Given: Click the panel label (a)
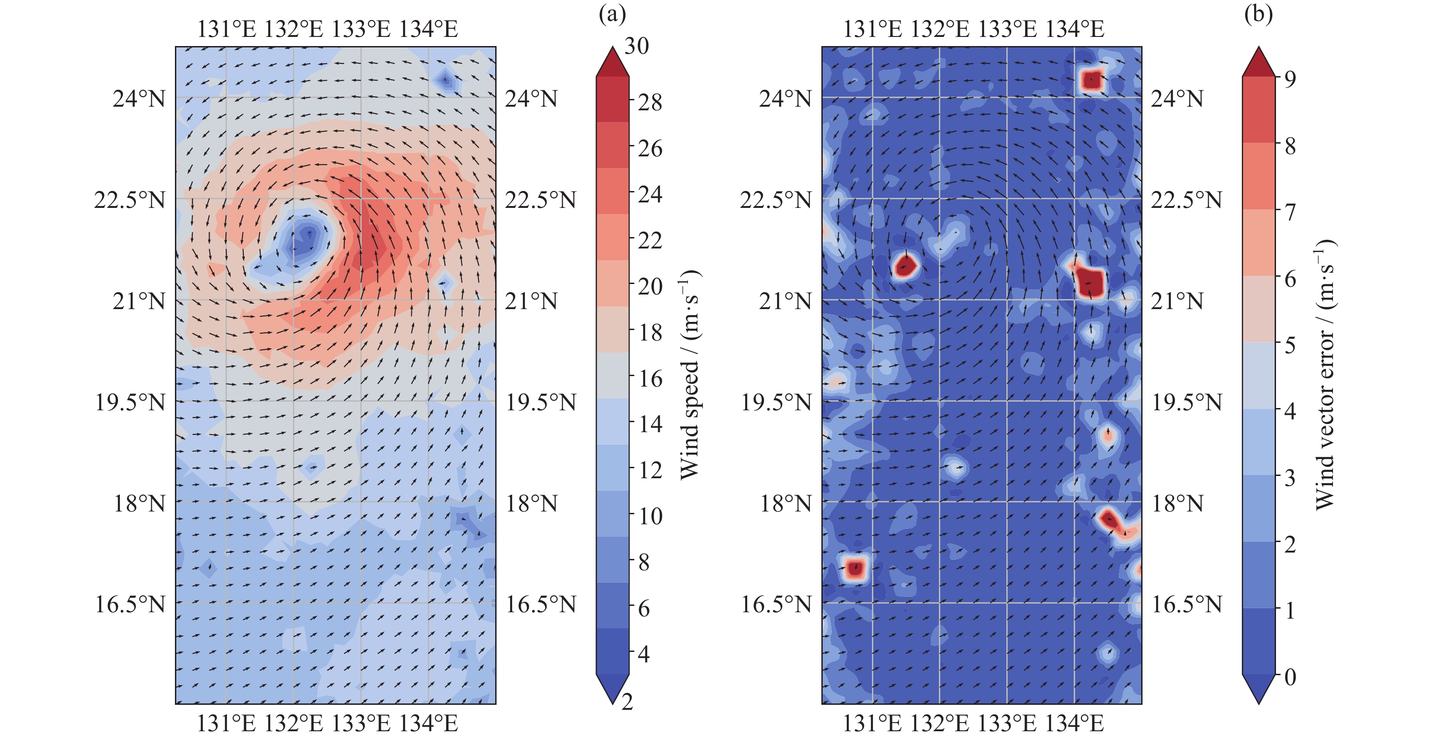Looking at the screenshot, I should (x=612, y=15).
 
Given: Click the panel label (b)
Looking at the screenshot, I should (x=1258, y=15).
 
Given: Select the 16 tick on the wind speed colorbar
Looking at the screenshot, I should (x=650, y=379).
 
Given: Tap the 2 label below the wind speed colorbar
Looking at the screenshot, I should (x=627, y=702).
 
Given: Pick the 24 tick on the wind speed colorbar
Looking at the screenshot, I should (x=650, y=195).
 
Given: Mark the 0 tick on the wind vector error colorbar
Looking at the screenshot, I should (x=1290, y=677).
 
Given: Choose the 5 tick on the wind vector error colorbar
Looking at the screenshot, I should (x=1290, y=346).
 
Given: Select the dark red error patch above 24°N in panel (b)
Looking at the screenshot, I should (x=1092, y=80).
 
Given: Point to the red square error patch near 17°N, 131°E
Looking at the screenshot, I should (x=855, y=568).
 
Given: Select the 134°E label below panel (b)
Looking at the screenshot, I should (x=1075, y=723).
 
